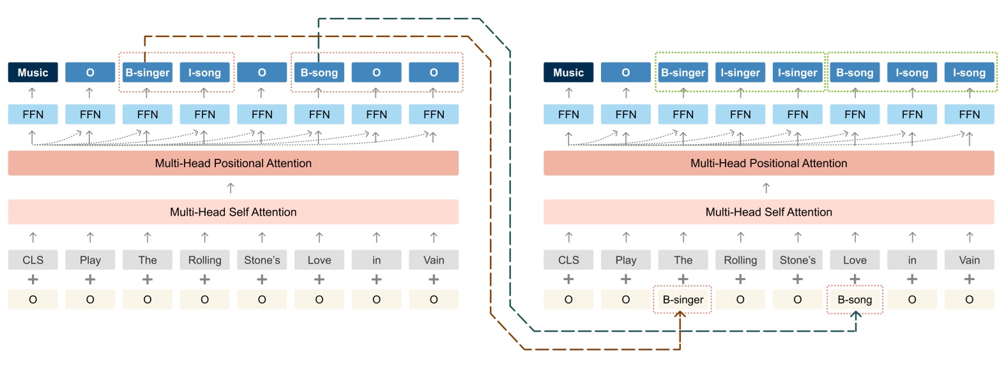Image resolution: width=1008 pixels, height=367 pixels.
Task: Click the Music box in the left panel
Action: (33, 72)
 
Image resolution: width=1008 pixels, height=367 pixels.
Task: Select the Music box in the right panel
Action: (568, 72)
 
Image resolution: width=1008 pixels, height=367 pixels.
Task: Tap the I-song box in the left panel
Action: (204, 72)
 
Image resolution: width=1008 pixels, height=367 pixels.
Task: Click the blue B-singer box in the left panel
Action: (147, 72)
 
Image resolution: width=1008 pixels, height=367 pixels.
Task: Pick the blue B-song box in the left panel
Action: (319, 72)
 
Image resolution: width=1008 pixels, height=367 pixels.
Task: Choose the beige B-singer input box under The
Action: (682, 299)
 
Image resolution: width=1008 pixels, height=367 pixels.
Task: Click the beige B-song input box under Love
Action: (854, 299)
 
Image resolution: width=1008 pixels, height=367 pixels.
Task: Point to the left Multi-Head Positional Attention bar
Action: (233, 163)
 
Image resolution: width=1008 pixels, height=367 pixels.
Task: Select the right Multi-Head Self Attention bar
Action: (768, 212)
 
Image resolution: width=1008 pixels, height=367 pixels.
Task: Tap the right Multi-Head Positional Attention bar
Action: (768, 163)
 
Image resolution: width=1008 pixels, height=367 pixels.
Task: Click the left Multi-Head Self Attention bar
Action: (233, 212)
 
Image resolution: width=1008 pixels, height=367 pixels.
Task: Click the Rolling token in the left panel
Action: (204, 260)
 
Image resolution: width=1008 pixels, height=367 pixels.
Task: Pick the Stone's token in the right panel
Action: (797, 260)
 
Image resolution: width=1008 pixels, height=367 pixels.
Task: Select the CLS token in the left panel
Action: (33, 260)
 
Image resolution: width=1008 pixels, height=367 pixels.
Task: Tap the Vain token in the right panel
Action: (969, 260)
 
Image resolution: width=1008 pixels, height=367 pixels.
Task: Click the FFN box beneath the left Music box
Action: (33, 114)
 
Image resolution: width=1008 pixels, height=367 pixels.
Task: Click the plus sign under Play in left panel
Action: (90, 280)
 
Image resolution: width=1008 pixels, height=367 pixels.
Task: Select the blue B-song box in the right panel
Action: (854, 72)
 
